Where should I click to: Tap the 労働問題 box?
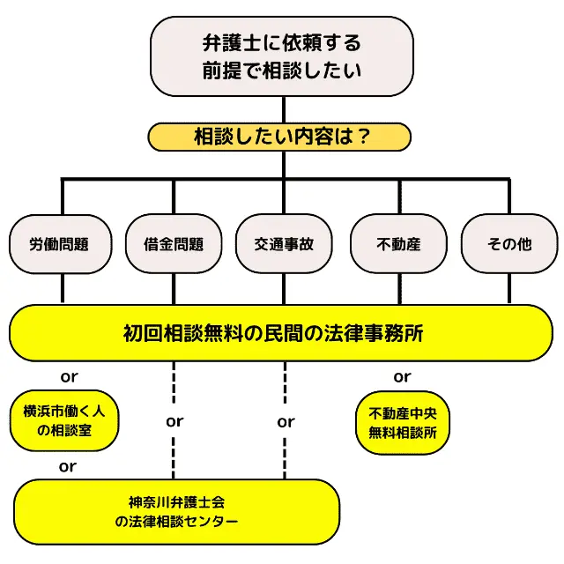pyautogui.click(x=59, y=244)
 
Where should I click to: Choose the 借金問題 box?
pyautogui.click(x=173, y=244)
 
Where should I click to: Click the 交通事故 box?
pyautogui.click(x=284, y=244)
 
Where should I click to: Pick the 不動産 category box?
pyautogui.click(x=398, y=244)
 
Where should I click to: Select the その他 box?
pyautogui.click(x=509, y=244)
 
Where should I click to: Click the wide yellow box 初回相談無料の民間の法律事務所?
pyautogui.click(x=281, y=333)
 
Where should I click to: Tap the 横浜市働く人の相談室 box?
pyautogui.click(x=64, y=420)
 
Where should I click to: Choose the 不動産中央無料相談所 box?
pyautogui.click(x=403, y=422)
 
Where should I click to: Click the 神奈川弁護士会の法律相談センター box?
pyautogui.click(x=176, y=512)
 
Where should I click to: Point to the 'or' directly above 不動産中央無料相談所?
pyautogui.click(x=402, y=377)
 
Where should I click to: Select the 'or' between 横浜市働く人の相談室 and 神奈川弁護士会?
pyautogui.click(x=67, y=466)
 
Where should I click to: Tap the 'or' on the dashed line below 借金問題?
pyautogui.click(x=174, y=421)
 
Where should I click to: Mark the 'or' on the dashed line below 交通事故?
pyautogui.click(x=286, y=421)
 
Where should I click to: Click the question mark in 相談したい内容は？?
pyautogui.click(x=359, y=137)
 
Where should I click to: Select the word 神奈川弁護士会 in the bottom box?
pyautogui.click(x=176, y=502)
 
